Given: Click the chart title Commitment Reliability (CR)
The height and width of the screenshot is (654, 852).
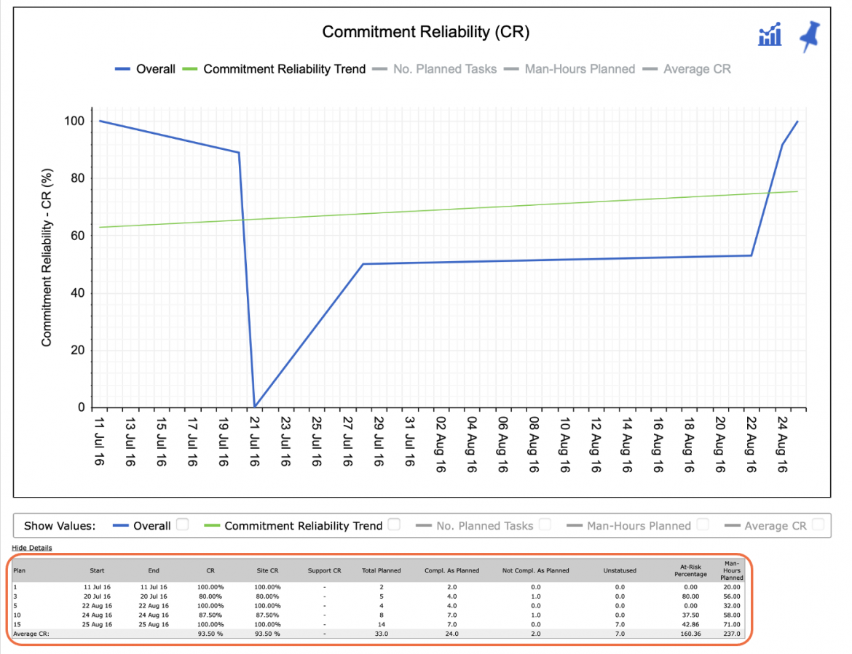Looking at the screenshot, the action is tap(425, 32).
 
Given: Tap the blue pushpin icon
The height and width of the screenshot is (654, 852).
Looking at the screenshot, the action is tap(810, 36).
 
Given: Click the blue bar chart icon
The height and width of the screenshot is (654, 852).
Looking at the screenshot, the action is tap(770, 35).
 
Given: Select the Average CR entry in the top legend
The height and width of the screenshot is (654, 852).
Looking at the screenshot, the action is tap(687, 69).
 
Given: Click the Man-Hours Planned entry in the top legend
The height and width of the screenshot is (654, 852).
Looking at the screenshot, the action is tap(569, 69).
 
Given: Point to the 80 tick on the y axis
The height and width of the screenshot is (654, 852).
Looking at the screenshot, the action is tap(77, 178).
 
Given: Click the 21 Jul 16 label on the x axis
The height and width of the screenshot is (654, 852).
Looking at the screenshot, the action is tap(254, 442).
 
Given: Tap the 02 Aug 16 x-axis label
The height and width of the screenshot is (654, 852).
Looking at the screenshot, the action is tap(441, 444).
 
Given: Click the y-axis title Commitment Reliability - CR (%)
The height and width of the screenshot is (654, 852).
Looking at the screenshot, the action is tap(47, 258).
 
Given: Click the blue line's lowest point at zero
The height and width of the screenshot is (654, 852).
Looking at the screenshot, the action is tap(254, 407).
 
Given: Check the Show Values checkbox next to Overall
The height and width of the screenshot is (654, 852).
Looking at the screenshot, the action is tap(183, 525).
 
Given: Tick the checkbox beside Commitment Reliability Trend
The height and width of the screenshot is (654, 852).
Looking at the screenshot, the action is tap(395, 525).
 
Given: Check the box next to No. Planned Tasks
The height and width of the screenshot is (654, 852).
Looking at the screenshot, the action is tap(545, 525).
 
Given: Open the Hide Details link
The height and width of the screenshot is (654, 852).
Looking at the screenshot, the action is tap(32, 548).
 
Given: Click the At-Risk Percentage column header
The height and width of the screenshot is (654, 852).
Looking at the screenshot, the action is tap(690, 570).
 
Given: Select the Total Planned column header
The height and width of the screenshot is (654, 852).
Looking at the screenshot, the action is tap(382, 570).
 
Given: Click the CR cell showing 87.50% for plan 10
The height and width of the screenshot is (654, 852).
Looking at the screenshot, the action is tap(210, 615).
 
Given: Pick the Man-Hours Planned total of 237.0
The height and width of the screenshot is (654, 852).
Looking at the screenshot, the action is tap(731, 634).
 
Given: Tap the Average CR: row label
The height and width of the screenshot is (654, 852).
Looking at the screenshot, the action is tap(31, 634).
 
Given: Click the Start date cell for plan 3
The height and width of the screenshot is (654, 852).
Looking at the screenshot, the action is tap(98, 597).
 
